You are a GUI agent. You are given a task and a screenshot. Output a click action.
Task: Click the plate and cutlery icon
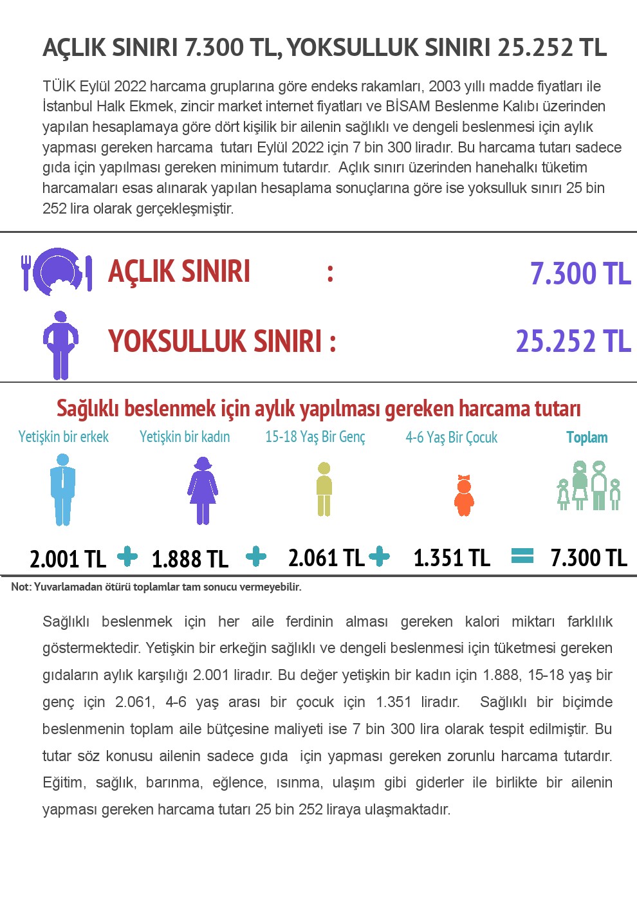click(57, 272)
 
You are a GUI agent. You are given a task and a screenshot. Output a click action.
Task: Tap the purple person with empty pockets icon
click(60, 345)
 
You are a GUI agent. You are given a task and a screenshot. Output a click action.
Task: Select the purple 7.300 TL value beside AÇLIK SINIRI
click(580, 273)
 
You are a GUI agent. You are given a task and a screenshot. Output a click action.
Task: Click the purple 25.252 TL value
click(573, 341)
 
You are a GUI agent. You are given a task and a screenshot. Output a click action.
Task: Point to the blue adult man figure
click(62, 490)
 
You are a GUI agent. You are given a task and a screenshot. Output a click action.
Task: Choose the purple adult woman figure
click(203, 490)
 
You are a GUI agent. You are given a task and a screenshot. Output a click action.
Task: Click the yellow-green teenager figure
click(324, 489)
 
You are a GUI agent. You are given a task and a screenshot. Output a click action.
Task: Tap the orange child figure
click(464, 496)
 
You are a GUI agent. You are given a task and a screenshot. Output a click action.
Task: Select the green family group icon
click(589, 486)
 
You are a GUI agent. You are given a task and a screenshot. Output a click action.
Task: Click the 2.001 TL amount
click(68, 558)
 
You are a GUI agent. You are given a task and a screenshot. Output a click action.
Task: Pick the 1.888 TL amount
click(190, 558)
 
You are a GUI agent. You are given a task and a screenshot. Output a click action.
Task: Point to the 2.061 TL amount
click(326, 557)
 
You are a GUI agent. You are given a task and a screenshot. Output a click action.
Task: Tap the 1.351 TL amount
click(452, 557)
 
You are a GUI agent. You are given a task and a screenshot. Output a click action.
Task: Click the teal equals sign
click(522, 555)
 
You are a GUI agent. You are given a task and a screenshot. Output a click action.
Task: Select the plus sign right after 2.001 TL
click(127, 557)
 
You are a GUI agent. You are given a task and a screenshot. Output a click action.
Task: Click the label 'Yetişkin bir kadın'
click(185, 437)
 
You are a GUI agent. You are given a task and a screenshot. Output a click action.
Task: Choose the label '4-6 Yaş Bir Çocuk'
click(451, 437)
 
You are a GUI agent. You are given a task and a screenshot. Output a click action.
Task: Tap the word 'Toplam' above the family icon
click(587, 437)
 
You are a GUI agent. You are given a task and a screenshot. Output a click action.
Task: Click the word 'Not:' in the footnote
click(21, 587)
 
